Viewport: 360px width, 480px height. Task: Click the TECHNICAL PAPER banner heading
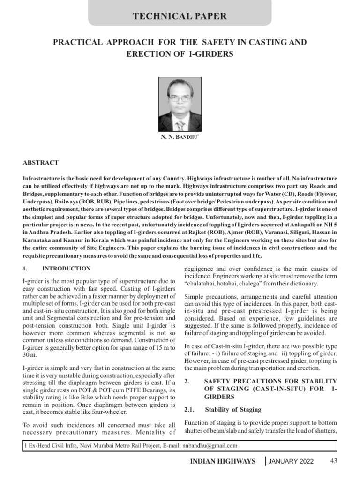pos(180,16)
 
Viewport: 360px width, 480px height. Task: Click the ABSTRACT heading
pos(41,163)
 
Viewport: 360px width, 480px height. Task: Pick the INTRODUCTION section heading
pos(66,269)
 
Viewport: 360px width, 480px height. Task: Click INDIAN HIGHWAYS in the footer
pos(223,461)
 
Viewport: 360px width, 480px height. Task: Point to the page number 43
pos(334,461)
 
